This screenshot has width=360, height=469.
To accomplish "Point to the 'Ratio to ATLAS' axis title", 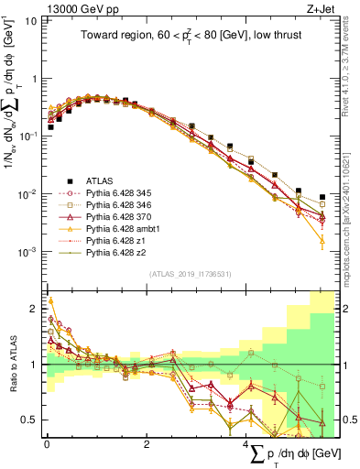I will point(13,365).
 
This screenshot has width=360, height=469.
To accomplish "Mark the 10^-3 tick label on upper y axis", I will point(27,251).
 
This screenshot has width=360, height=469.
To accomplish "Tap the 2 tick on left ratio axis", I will point(33,309).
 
